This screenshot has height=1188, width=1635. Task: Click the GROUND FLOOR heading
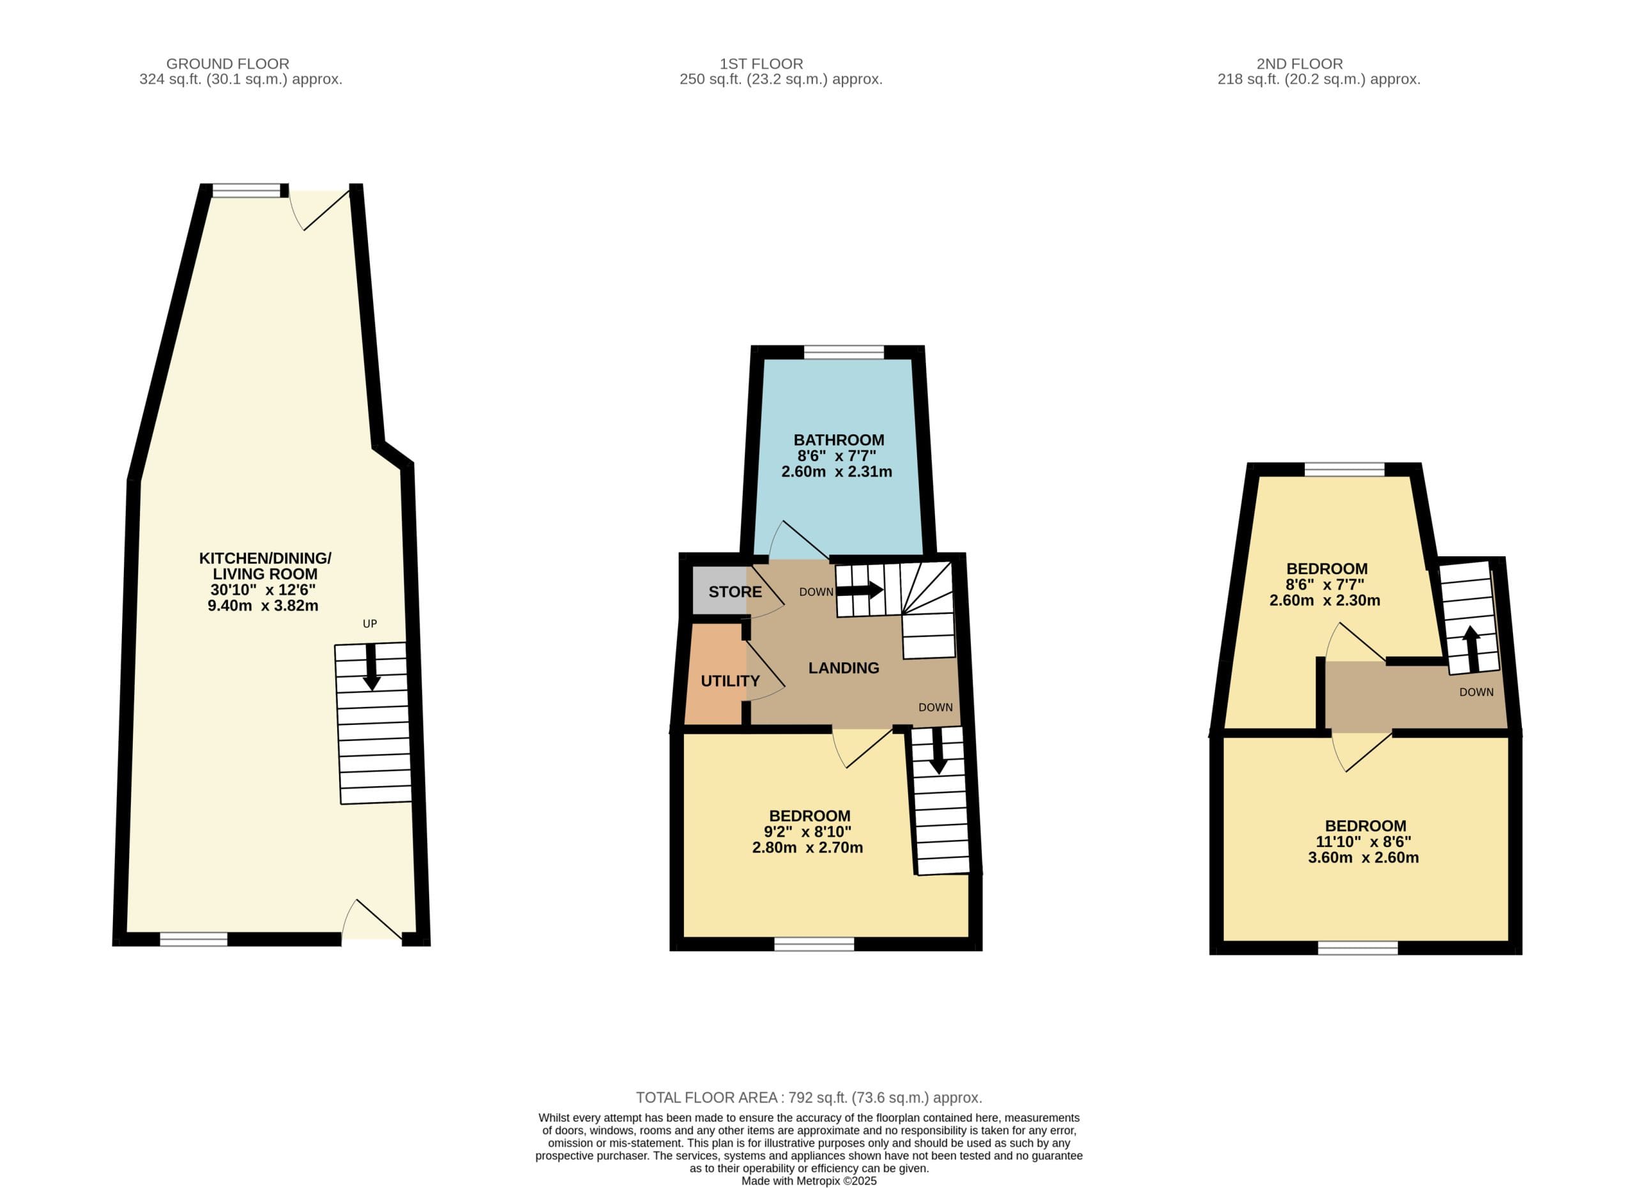click(x=228, y=64)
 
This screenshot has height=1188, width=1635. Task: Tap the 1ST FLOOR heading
click(x=761, y=64)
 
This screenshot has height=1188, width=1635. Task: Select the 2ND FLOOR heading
click(x=1300, y=64)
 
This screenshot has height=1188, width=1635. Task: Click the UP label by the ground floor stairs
click(x=370, y=623)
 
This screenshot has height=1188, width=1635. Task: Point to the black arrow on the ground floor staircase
click(x=371, y=667)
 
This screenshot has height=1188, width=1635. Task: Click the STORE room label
click(x=735, y=592)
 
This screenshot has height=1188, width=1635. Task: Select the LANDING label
click(x=844, y=668)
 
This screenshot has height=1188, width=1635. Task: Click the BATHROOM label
click(x=839, y=439)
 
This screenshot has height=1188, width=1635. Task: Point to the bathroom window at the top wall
click(x=844, y=353)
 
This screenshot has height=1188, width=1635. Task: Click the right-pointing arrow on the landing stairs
click(x=859, y=590)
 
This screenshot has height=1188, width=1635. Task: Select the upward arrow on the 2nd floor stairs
click(x=1471, y=649)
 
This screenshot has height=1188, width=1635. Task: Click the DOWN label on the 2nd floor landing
click(x=1477, y=692)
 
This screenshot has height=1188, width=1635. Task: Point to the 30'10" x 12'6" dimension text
click(x=263, y=590)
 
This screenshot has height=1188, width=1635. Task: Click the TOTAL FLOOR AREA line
click(x=809, y=1098)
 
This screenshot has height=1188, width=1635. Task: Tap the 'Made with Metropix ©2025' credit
click(x=809, y=1182)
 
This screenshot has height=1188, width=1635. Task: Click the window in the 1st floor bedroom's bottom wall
click(x=814, y=945)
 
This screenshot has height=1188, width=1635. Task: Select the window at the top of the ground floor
click(x=246, y=190)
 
